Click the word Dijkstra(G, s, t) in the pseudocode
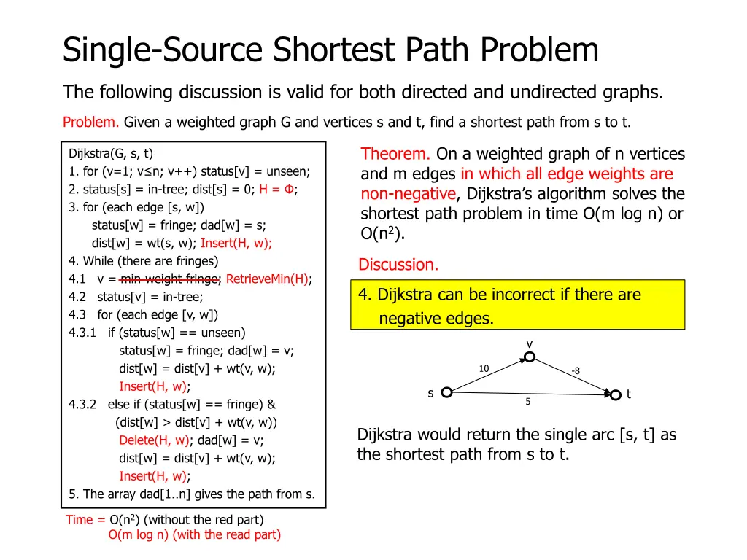click(x=111, y=154)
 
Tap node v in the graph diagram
click(x=530, y=357)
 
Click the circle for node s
click(x=446, y=392)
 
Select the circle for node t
click(x=615, y=394)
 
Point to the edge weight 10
click(x=484, y=369)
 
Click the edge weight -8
click(x=576, y=371)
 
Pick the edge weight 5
click(x=528, y=402)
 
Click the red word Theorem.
click(x=395, y=154)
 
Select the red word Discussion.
click(x=398, y=265)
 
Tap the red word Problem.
click(x=91, y=122)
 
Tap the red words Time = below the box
click(x=85, y=520)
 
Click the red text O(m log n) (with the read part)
click(x=194, y=535)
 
